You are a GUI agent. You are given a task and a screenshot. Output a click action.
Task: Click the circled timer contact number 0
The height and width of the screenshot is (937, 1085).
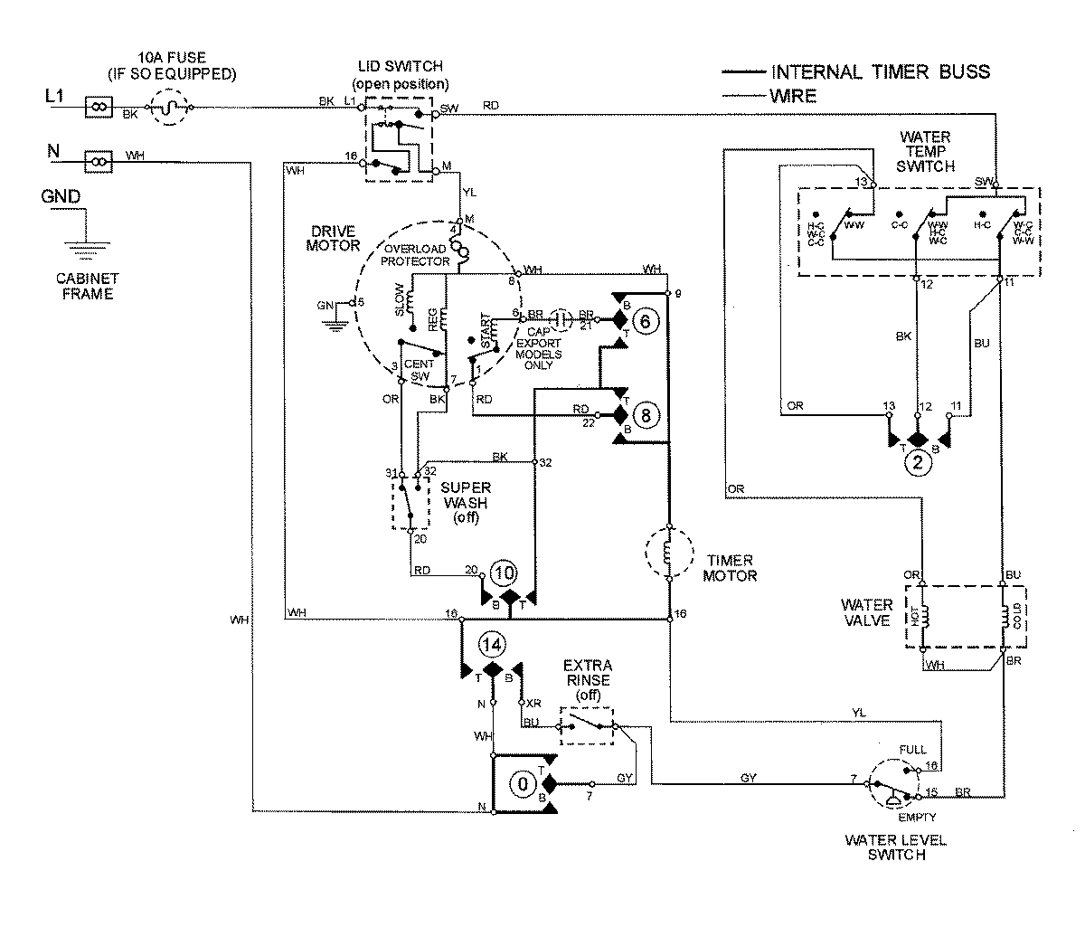[522, 784]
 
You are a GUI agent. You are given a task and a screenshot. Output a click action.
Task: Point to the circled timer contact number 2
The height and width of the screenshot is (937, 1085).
[918, 464]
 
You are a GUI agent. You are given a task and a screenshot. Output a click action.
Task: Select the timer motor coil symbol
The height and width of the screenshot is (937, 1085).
[668, 551]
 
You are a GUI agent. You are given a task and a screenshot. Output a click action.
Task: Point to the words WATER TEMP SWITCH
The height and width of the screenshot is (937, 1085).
[925, 152]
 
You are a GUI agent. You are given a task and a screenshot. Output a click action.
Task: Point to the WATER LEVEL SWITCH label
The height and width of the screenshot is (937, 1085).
[895, 847]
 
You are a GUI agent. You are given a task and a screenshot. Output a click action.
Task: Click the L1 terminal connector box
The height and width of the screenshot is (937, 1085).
[97, 108]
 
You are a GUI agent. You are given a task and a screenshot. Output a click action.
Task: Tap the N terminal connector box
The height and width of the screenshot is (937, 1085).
[97, 162]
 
